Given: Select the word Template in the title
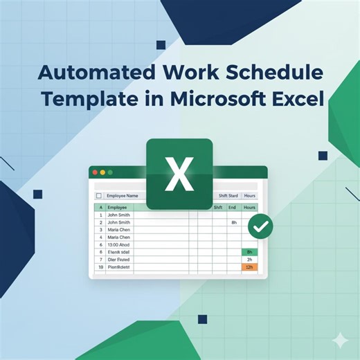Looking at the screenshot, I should click(x=87, y=99).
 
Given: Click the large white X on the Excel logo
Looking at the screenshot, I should click(x=179, y=174).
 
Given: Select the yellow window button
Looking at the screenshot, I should click(x=102, y=172).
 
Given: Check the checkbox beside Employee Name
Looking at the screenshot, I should click(x=99, y=196).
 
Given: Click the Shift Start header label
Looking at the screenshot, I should click(x=228, y=196).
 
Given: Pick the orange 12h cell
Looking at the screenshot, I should click(x=249, y=267).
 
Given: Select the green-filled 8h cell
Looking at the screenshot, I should click(x=249, y=252).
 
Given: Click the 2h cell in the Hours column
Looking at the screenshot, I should click(x=249, y=260).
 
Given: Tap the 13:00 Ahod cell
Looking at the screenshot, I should click(x=119, y=244).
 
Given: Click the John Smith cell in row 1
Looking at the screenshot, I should click(x=119, y=215).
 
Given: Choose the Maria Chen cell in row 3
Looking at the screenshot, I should click(x=119, y=230).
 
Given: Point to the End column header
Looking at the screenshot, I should click(x=233, y=207).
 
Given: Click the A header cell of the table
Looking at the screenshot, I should click(x=100, y=207).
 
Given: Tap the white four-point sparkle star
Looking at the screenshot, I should click(x=340, y=340).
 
